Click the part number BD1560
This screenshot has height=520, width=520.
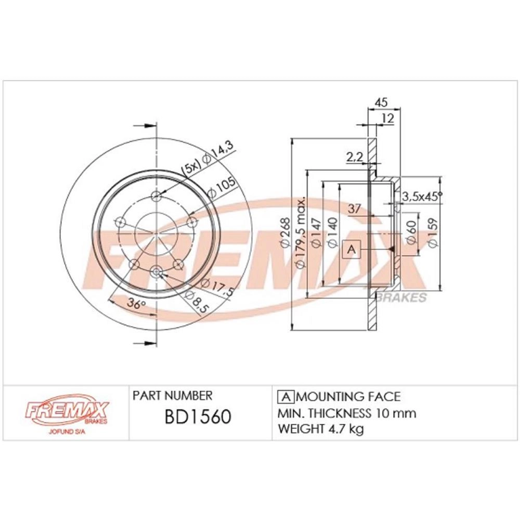point(198,417)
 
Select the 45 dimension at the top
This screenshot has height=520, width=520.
point(381,102)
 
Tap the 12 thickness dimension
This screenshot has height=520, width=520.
point(388,118)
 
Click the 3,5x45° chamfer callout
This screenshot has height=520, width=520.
point(422,197)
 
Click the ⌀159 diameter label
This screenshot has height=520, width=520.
point(434,232)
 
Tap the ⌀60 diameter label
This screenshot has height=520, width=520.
point(411,232)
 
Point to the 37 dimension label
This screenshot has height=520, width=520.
point(354,209)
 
